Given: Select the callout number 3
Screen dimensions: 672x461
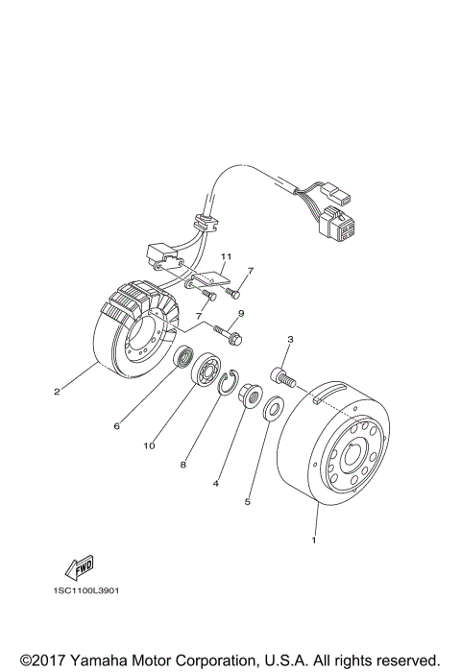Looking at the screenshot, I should (289, 339).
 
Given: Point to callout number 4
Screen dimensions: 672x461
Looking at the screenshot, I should (216, 485).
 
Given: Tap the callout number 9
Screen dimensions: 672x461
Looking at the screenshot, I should (241, 314).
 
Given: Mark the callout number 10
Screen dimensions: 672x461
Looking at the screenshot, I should (150, 446).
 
